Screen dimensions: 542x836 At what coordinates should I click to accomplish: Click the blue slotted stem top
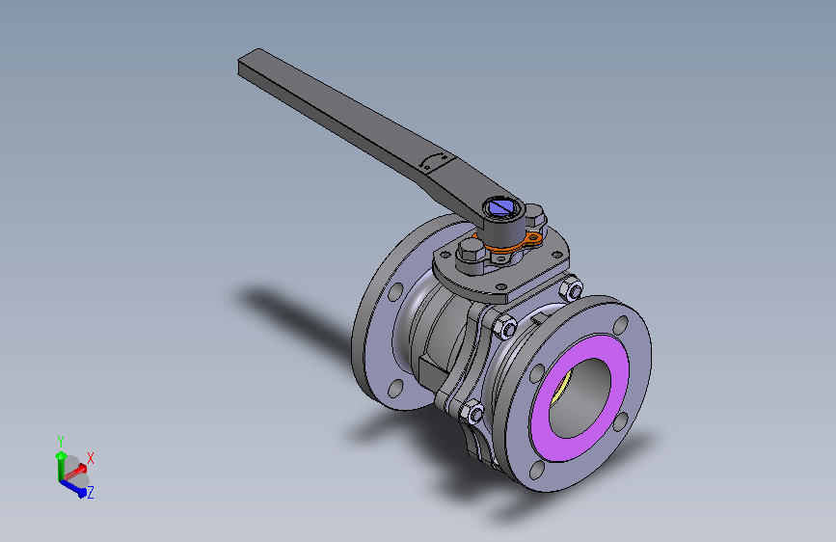click(500, 206)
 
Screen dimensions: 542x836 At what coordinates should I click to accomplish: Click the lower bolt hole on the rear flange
click(393, 389)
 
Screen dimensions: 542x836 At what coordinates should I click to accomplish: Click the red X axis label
click(91, 457)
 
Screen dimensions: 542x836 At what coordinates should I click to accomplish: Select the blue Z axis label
click(90, 492)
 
